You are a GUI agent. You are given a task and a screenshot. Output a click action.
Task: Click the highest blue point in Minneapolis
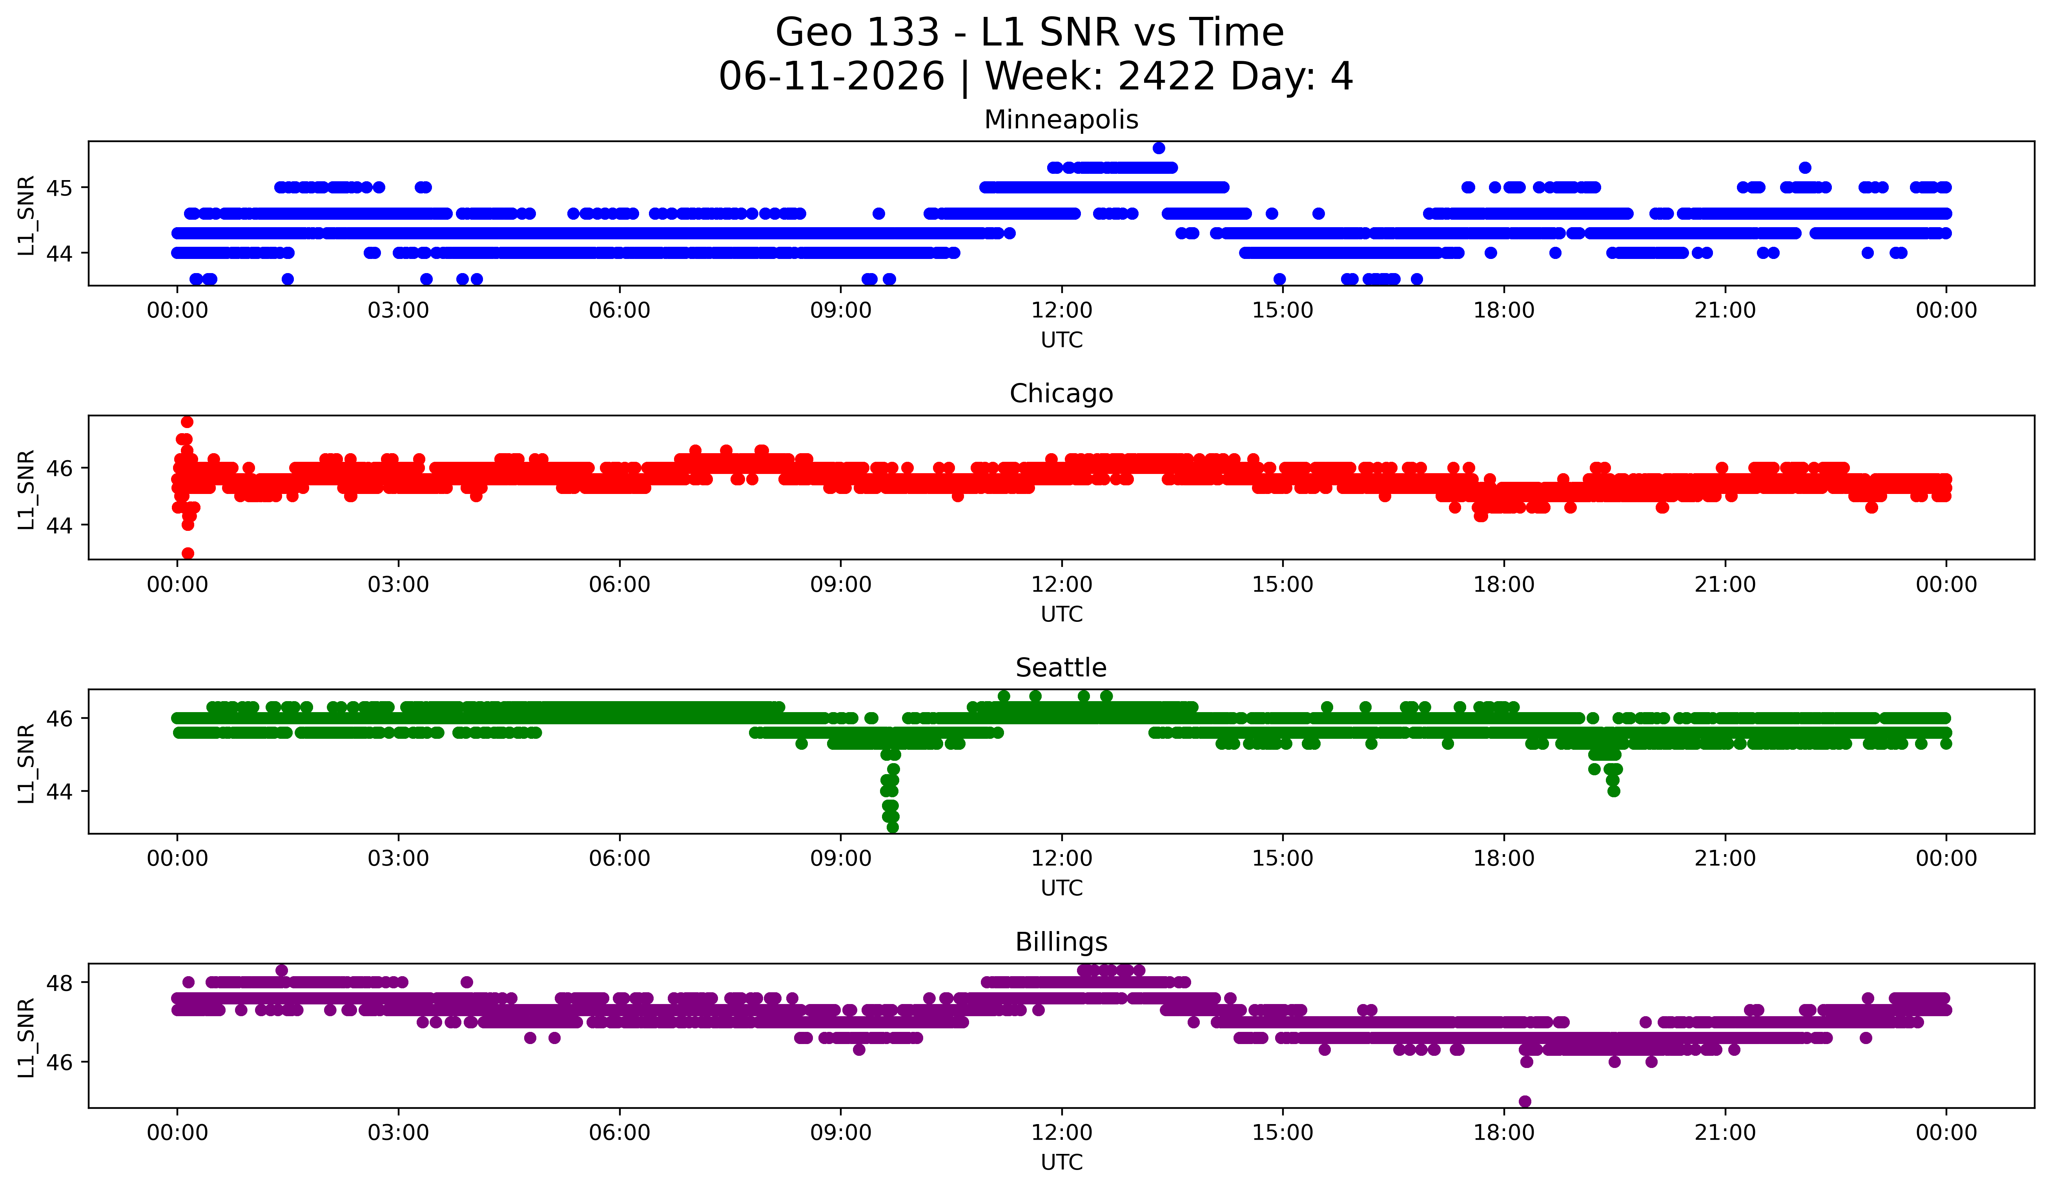pyautogui.click(x=1159, y=148)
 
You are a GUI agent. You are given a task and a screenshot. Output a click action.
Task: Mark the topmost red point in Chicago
pyautogui.click(x=187, y=421)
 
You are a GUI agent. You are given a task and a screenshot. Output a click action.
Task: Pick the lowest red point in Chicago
pyautogui.click(x=188, y=553)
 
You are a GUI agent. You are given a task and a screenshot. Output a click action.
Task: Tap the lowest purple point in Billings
pyautogui.click(x=1525, y=1101)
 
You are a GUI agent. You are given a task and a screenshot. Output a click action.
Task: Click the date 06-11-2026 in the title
pyautogui.click(x=831, y=77)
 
